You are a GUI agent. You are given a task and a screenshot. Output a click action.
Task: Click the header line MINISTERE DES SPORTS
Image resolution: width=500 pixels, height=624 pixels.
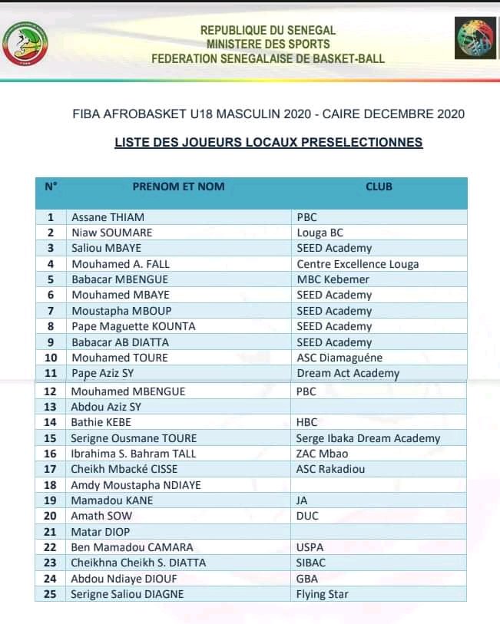click(x=268, y=44)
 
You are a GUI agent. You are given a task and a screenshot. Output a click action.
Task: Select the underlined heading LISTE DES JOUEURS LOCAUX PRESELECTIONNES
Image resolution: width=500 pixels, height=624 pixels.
click(x=268, y=142)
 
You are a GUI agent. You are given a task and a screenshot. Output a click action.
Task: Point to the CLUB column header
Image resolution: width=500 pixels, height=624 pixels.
click(x=379, y=187)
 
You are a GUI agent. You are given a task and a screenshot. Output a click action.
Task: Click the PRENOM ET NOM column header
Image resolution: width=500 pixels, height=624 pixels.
click(x=178, y=187)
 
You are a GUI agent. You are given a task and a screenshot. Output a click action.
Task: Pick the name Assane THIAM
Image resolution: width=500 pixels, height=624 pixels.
click(x=108, y=217)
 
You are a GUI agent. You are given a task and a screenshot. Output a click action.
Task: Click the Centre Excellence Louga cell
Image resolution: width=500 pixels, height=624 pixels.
click(x=358, y=264)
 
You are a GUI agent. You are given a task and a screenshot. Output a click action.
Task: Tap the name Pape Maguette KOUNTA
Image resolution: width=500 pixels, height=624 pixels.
click(x=134, y=326)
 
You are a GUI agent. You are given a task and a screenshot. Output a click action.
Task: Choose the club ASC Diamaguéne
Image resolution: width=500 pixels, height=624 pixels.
click(x=339, y=358)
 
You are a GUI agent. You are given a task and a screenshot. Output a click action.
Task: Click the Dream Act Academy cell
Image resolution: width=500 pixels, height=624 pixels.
click(x=348, y=374)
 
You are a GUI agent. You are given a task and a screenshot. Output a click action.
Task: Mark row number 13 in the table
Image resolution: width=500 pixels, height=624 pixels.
click(x=51, y=407)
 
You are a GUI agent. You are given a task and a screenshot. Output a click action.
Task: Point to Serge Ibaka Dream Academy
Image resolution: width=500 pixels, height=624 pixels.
click(x=368, y=438)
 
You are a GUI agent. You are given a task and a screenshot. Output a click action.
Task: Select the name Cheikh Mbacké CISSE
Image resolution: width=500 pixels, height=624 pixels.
click(x=131, y=469)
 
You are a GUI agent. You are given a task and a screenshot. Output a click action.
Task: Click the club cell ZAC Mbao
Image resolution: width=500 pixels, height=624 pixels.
click(x=322, y=454)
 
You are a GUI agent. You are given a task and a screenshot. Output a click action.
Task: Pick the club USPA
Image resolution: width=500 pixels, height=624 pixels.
click(x=310, y=547)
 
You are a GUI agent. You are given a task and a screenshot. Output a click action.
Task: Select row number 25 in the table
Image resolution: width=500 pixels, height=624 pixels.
click(x=51, y=594)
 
